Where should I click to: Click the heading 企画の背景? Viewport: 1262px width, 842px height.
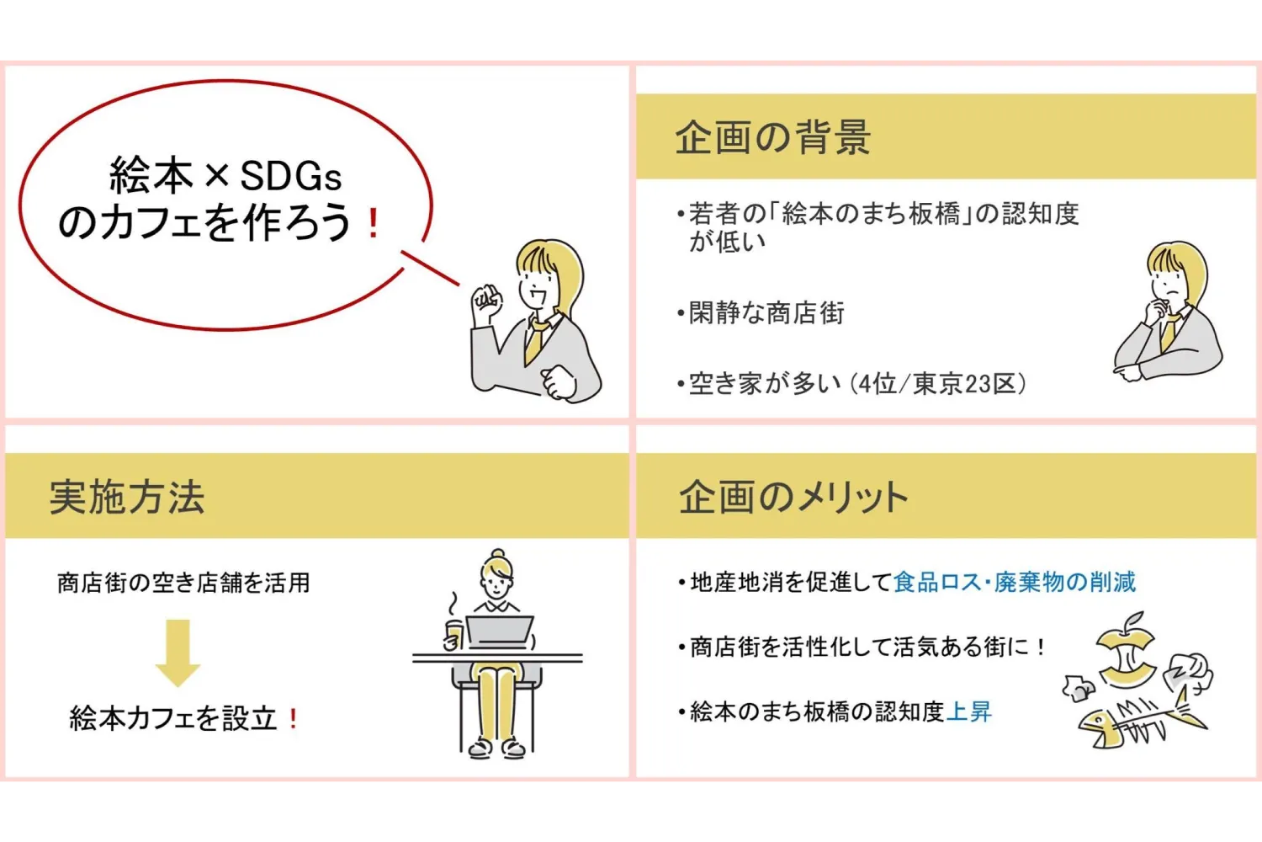point(772,137)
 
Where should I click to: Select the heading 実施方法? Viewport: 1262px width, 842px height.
point(127,497)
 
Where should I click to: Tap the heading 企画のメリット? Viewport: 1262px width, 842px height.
point(793,497)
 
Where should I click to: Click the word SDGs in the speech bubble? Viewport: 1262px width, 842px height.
point(290,177)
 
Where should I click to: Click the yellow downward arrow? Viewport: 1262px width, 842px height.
point(178,653)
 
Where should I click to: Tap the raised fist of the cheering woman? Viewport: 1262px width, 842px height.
point(485,299)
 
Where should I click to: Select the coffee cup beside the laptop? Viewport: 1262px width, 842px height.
point(454,635)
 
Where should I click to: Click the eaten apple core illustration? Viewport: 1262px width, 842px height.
point(1126,653)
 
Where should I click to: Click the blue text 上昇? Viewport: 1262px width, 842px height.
point(969,712)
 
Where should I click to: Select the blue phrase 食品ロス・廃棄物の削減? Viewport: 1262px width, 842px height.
point(1014,582)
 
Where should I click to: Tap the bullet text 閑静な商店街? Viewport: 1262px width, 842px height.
point(766,313)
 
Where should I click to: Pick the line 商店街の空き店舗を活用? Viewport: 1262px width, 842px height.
point(183,583)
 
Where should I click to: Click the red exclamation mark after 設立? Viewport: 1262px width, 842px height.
point(293,719)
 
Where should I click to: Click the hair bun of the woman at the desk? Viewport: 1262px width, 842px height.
point(499,555)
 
